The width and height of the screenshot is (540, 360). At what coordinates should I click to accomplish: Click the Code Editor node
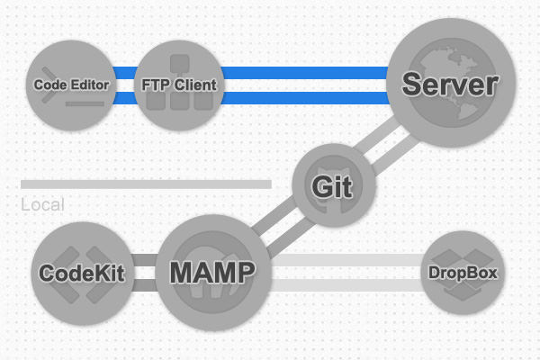(72, 85)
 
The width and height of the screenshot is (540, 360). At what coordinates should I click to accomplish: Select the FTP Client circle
(180, 85)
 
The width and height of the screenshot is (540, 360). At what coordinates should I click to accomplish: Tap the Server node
(449, 85)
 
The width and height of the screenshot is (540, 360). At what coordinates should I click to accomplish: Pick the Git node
(334, 186)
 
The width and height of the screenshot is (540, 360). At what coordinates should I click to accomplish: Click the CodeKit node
(82, 272)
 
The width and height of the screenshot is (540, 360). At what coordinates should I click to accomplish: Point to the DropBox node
(463, 272)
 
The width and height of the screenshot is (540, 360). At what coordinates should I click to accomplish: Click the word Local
(42, 205)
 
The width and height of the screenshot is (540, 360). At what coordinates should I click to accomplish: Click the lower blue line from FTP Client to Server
(306, 98)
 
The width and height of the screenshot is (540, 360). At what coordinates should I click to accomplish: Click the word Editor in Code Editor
(92, 85)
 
